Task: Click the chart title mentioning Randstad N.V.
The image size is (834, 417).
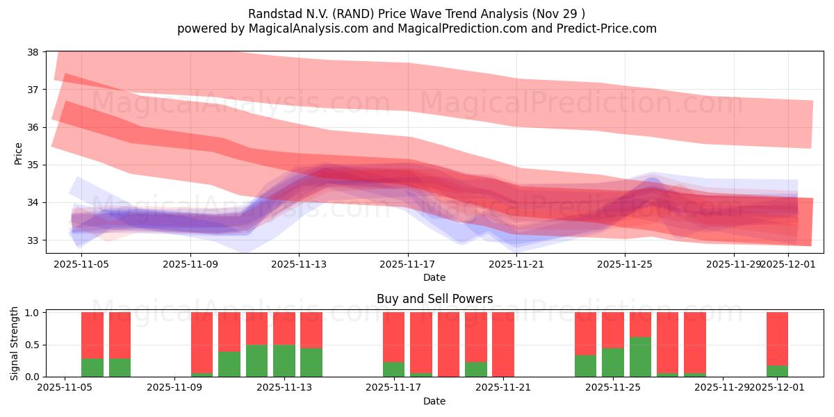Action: pyautogui.click(x=416, y=14)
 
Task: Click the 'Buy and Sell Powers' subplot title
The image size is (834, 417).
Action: pyautogui.click(x=434, y=299)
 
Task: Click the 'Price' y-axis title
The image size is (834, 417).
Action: pyautogui.click(x=19, y=153)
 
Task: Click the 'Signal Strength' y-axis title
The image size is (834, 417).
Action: pyautogui.click(x=15, y=344)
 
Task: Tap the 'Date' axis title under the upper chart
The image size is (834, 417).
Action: pyautogui.click(x=434, y=277)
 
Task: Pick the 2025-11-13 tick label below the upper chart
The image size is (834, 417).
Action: pyautogui.click(x=298, y=264)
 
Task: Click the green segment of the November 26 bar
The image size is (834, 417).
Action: pyautogui.click(x=640, y=357)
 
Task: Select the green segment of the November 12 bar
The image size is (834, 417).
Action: pyautogui.click(x=256, y=361)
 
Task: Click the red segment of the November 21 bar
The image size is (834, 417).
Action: pyautogui.click(x=503, y=344)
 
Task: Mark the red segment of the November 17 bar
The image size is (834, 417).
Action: pyautogui.click(x=393, y=337)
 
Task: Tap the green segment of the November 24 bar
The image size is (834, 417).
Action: pyautogui.click(x=585, y=366)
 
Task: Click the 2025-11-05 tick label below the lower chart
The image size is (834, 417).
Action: pyautogui.click(x=65, y=388)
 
